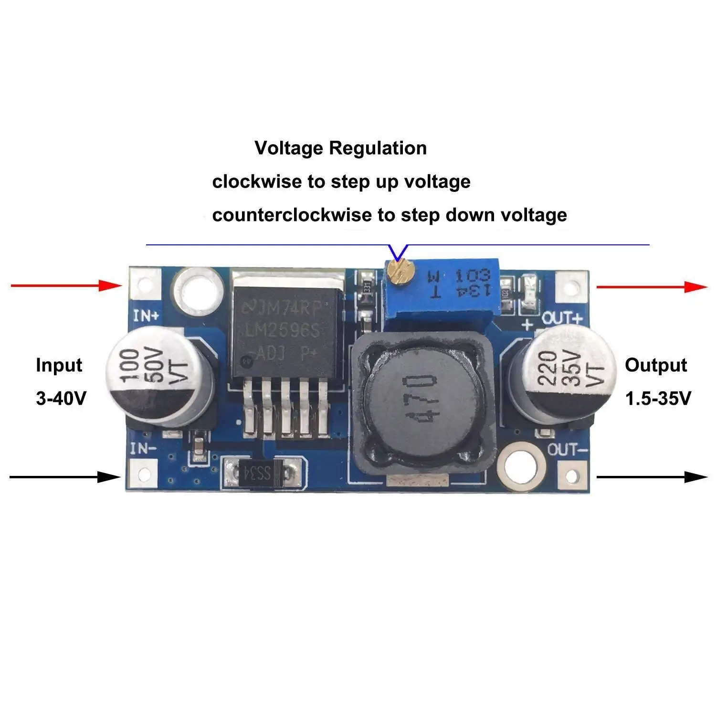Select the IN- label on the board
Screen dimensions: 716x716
[143, 449]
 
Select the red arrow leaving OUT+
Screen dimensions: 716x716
[652, 287]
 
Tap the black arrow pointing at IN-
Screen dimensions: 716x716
[65, 477]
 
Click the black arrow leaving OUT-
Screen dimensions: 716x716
[652, 477]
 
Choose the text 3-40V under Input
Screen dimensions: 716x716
[61, 398]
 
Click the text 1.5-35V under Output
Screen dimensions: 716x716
[658, 398]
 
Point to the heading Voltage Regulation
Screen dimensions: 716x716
[341, 148]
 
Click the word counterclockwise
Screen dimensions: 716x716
[292, 215]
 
